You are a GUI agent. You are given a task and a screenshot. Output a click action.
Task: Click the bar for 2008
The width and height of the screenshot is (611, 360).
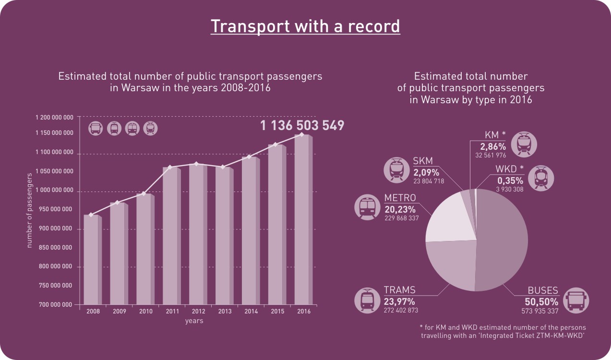click(91, 259)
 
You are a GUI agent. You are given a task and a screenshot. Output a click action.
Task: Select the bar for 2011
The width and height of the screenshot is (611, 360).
click(170, 235)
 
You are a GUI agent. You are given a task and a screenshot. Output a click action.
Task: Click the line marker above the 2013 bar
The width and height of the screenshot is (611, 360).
click(223, 167)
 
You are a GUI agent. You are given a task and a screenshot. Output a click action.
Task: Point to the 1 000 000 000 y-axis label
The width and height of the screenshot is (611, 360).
click(54, 191)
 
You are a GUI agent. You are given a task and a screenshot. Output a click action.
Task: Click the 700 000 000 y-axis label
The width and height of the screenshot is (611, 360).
click(54, 305)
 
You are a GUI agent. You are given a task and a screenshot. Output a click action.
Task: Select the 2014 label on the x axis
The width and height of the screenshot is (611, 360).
click(251, 312)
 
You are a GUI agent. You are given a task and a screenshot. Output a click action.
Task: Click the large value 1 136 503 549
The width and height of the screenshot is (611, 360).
click(302, 126)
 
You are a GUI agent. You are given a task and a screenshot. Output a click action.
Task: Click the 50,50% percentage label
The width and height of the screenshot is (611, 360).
click(541, 302)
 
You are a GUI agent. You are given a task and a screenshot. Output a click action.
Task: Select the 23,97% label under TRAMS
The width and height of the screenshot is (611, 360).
click(399, 301)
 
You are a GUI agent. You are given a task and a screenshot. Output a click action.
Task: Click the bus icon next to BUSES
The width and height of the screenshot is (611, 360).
click(576, 300)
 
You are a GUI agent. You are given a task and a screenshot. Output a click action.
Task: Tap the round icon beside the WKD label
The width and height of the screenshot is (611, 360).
click(541, 179)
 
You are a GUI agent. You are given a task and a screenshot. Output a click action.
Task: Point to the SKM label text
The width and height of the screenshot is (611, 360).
click(423, 161)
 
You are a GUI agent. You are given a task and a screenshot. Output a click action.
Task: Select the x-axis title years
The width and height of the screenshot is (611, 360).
click(194, 321)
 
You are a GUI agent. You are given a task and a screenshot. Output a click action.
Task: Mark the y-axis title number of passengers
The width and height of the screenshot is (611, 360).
click(29, 210)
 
